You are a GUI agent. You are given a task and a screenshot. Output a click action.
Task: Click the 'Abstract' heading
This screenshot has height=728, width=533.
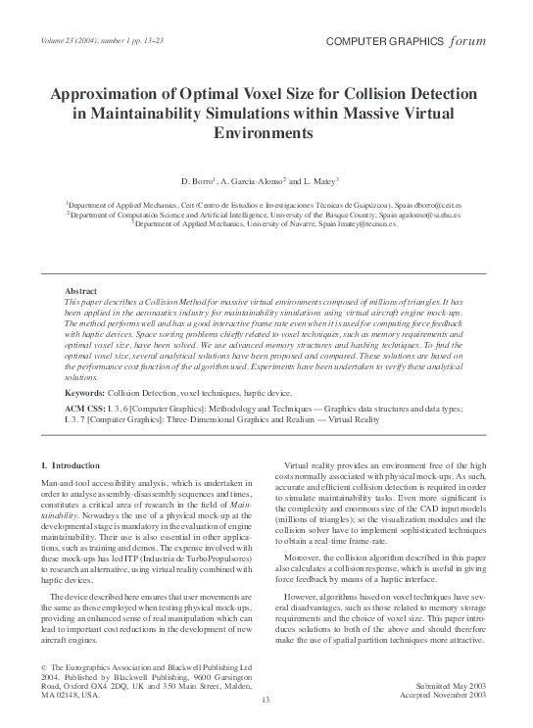80,292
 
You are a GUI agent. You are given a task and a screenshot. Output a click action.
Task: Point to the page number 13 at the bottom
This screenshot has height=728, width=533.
266,699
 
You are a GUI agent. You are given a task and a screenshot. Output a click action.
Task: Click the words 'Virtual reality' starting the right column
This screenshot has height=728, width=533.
308,463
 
